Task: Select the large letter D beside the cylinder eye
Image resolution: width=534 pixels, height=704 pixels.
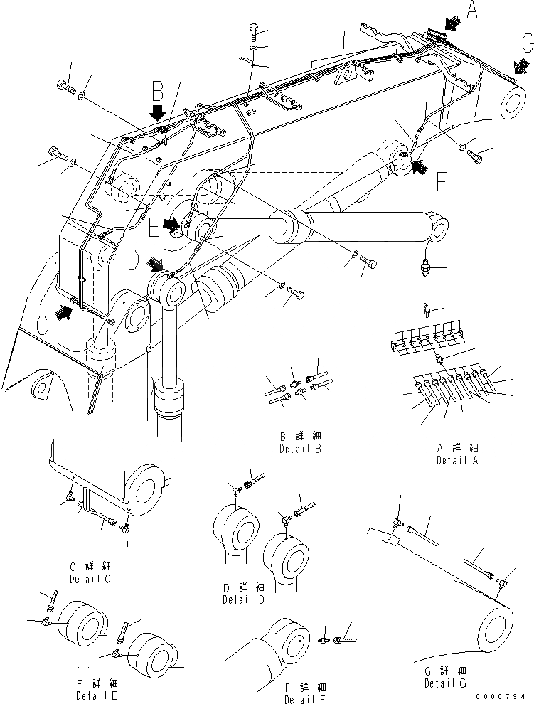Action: [x=133, y=260]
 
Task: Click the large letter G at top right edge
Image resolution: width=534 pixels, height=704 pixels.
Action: [x=525, y=44]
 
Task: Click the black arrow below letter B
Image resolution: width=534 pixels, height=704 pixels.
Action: [x=158, y=112]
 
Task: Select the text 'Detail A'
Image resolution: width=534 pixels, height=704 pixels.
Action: [x=457, y=461]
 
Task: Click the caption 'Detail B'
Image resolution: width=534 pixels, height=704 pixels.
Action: [x=301, y=449]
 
